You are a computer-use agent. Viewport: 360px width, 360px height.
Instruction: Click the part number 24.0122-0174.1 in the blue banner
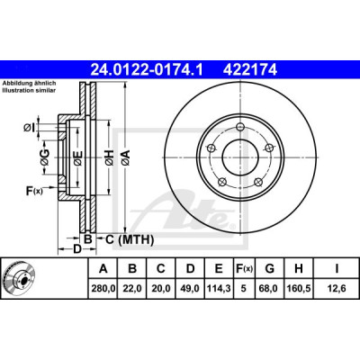point(147,70)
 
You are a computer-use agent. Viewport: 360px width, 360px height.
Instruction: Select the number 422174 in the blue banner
point(249,70)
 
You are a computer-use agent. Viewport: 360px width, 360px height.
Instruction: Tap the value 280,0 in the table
point(103,289)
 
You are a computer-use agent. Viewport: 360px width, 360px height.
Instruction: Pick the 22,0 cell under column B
point(132,289)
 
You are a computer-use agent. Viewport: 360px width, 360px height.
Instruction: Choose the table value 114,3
point(219,289)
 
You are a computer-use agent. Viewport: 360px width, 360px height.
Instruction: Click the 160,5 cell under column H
point(299,289)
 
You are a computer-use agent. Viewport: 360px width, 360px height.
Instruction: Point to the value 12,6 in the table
point(337,289)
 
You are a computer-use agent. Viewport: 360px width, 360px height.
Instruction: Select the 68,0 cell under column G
point(270,289)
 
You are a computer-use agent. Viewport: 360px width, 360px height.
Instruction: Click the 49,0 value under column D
point(190,289)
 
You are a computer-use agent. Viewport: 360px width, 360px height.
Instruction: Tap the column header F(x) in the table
point(243,269)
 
